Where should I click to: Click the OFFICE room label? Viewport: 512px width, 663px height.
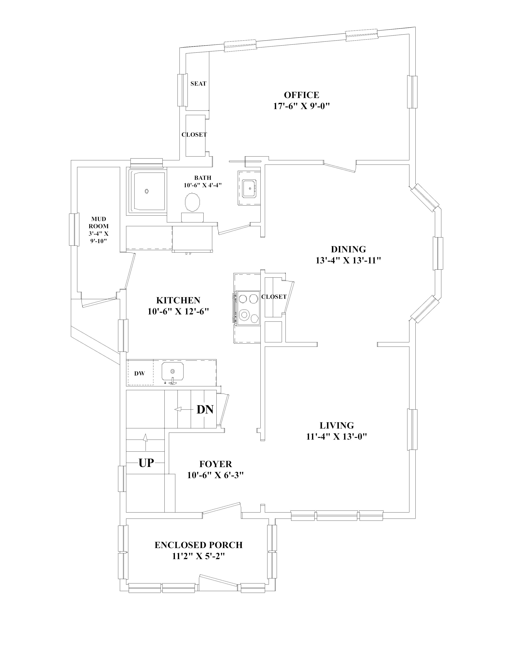[302, 95]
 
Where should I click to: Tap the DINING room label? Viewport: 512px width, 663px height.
[348, 249]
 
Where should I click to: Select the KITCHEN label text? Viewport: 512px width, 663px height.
[178, 300]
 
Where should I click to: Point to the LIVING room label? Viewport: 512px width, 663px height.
[337, 425]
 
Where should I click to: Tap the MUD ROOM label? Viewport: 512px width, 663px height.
[99, 223]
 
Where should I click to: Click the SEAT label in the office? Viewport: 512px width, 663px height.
[198, 84]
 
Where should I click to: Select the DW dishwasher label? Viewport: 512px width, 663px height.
[140, 374]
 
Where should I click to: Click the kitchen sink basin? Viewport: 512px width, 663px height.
[173, 371]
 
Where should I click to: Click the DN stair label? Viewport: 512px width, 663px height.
[205, 409]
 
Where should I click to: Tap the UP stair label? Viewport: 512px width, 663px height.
[146, 463]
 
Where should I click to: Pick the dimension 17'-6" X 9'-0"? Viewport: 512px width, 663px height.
[302, 106]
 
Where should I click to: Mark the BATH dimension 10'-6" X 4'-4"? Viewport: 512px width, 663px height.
[203, 185]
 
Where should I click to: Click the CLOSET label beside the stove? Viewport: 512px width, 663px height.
[274, 297]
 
